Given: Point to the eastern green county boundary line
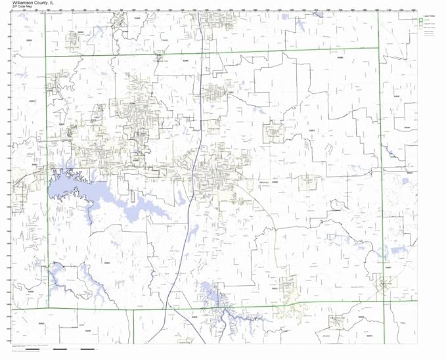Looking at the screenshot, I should click(381, 164).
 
